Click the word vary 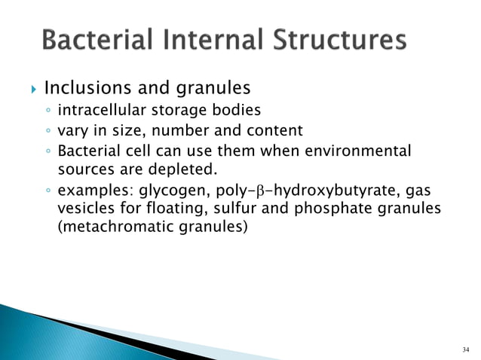pos(74,130)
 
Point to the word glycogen pos(166,194)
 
